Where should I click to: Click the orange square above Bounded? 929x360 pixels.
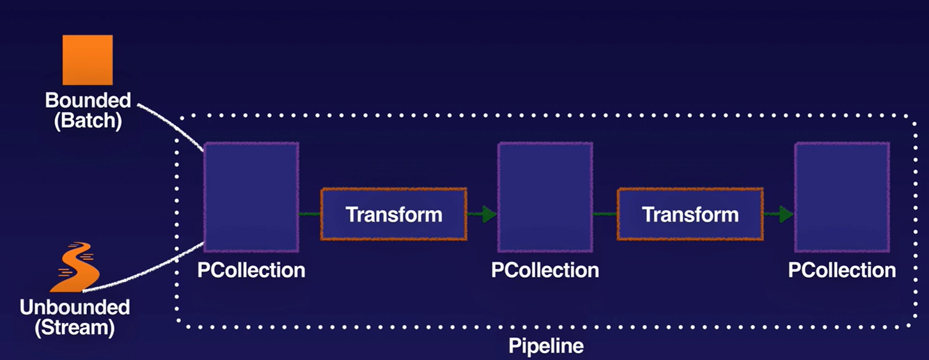[87, 61]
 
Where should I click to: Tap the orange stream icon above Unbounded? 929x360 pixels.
[75, 267]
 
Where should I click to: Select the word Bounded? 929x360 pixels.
[88, 100]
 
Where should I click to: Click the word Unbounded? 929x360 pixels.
[75, 307]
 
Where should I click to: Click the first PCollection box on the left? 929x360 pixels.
[251, 197]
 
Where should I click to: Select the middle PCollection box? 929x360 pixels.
[545, 197]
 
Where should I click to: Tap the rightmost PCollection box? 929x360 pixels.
[842, 197]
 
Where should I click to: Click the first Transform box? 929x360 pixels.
[393, 214]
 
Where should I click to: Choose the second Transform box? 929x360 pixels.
[690, 214]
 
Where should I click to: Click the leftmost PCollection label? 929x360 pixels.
[251, 270]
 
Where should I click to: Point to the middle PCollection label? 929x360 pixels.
[545, 270]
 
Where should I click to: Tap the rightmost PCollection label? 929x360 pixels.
[842, 270]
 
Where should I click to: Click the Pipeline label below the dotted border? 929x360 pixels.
[546, 345]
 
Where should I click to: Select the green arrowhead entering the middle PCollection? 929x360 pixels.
[490, 214]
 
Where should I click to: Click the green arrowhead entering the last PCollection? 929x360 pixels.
[786, 214]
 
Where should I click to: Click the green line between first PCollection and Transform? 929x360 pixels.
[309, 214]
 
